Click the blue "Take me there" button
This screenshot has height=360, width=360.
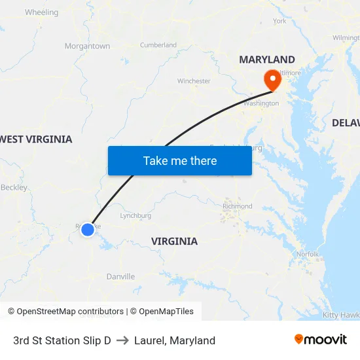coord(179,160)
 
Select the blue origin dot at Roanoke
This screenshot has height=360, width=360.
coord(87,229)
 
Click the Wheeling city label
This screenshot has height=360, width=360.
coord(41,12)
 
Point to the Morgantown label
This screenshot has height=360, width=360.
coord(87,46)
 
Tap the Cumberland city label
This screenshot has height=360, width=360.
coord(158,45)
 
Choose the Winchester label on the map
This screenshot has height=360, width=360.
coord(194,81)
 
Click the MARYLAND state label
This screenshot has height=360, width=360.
coord(266,60)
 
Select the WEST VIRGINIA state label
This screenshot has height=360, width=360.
coord(37,139)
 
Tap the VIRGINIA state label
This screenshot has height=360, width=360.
coord(174,242)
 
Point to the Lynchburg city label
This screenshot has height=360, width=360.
coord(135,215)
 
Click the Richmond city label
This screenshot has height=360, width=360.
coord(237,206)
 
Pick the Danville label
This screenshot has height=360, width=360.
coord(120,277)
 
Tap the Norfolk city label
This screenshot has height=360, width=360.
coord(308,254)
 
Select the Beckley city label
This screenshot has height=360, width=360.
coord(14,187)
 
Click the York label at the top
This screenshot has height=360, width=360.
coord(279,21)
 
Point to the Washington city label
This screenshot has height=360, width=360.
coord(261,103)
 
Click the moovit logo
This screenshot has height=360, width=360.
coord(321,339)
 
